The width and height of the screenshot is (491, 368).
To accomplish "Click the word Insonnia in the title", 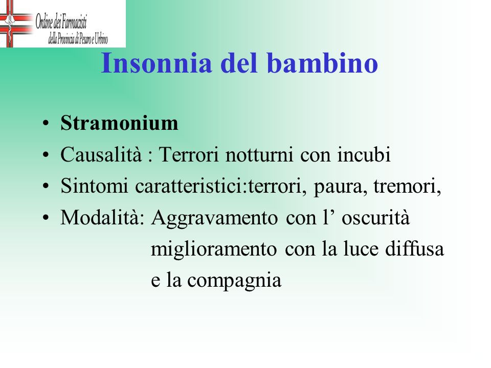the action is tap(157, 63).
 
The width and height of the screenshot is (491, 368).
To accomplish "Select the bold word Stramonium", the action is tap(119, 123).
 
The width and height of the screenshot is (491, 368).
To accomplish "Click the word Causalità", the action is tap(101, 154).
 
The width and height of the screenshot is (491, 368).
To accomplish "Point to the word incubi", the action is tap(364, 154).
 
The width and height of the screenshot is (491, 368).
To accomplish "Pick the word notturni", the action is tap(259, 155).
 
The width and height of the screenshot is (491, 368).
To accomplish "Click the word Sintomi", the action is tap(94, 186).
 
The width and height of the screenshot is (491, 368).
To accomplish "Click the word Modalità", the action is tap(102, 217).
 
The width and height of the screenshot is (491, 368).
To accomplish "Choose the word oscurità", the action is tap(375, 217).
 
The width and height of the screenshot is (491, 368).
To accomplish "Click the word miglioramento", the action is tap(214, 249).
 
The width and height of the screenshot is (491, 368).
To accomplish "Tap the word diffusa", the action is tap(415, 248).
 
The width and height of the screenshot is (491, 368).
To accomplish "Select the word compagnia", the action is tap(234, 281).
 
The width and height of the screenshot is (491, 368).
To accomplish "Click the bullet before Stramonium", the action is tap(46, 123).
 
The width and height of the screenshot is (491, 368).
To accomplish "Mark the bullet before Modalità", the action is tap(46, 217).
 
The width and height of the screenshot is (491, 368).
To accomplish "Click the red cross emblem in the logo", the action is tap(14, 24).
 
